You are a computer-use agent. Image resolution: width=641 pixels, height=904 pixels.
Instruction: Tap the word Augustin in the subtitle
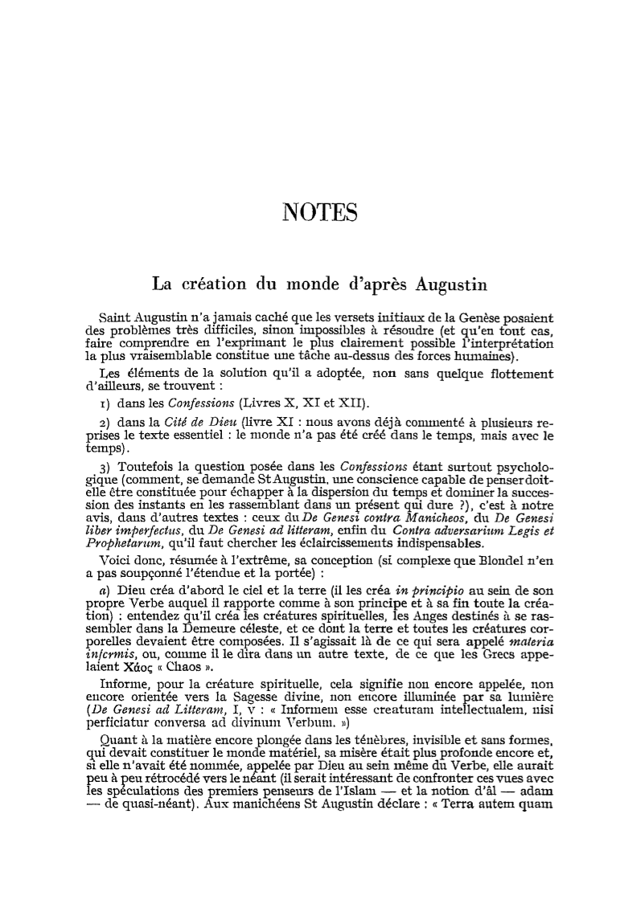click(x=452, y=284)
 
